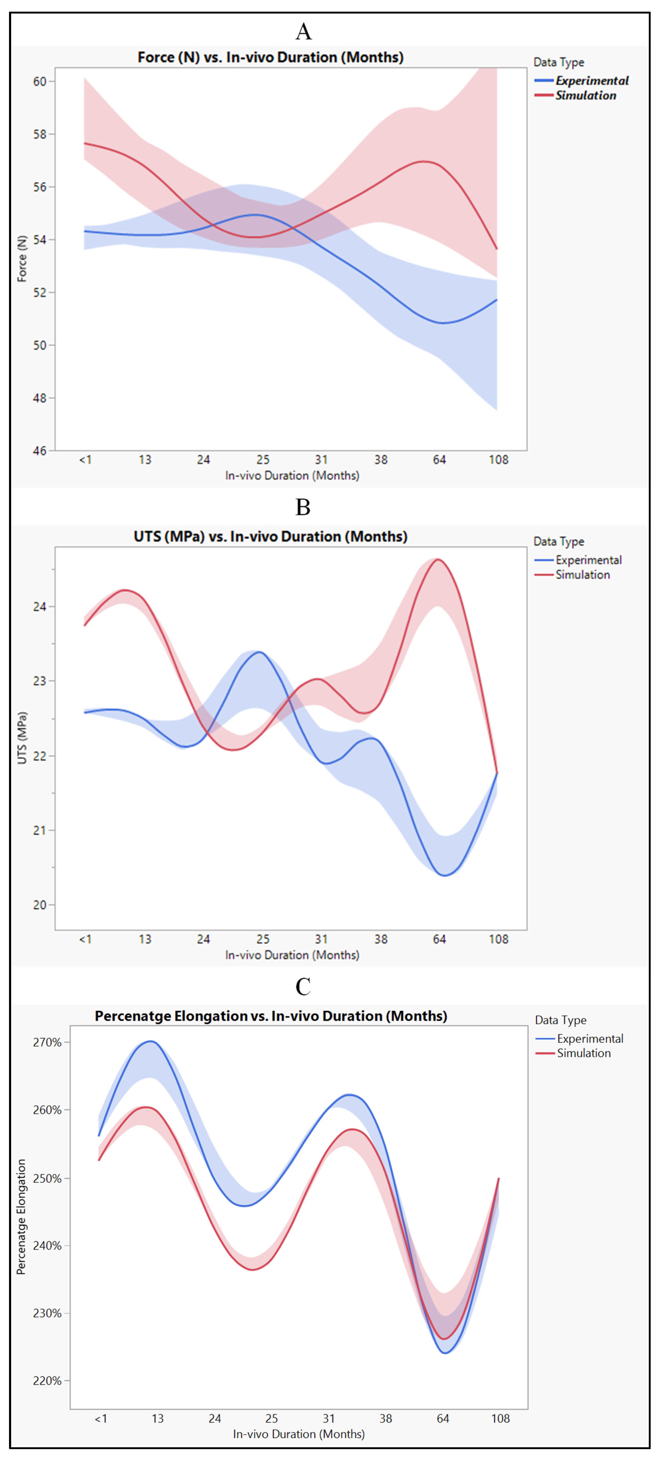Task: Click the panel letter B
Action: pyautogui.click(x=303, y=507)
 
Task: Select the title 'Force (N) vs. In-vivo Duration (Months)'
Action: pyautogui.click(x=270, y=57)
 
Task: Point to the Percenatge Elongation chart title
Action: pyautogui.click(x=270, y=1016)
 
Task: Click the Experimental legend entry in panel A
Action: pyautogui.click(x=591, y=81)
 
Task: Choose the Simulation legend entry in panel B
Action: pyautogui.click(x=582, y=575)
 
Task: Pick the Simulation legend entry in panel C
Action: pyautogui.click(x=583, y=1053)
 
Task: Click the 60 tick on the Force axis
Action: pyautogui.click(x=40, y=82)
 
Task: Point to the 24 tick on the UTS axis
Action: pyautogui.click(x=40, y=606)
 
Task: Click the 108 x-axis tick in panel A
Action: pyautogui.click(x=498, y=460)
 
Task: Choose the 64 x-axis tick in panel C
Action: pyautogui.click(x=443, y=1419)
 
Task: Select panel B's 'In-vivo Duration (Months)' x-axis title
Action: pyautogui.click(x=292, y=955)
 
